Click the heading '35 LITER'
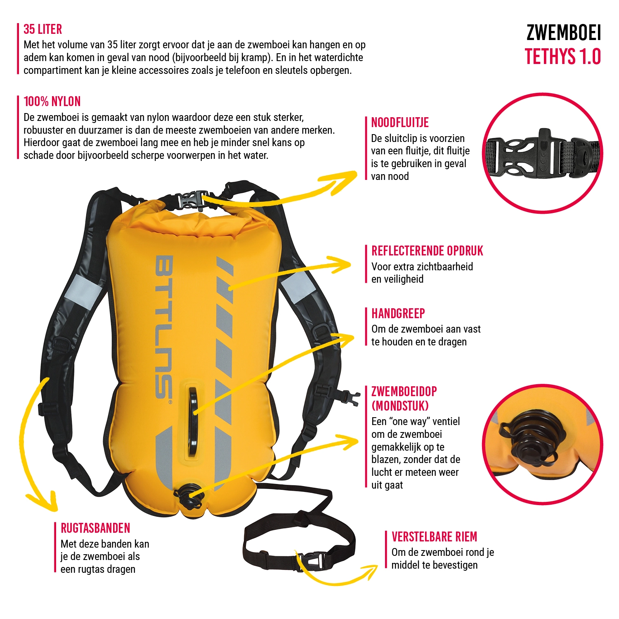click(43, 29)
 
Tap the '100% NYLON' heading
click(52, 102)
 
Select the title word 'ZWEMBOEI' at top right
click(563, 33)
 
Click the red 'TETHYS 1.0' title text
click(562, 57)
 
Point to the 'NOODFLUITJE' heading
click(400, 123)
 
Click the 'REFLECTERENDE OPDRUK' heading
click(427, 251)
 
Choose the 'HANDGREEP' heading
click(398, 314)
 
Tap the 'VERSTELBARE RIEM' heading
click(434, 536)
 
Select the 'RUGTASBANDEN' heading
click(95, 528)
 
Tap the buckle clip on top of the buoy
click(192, 200)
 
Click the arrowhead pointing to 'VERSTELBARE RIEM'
click(371, 570)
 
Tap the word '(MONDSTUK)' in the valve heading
click(400, 406)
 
